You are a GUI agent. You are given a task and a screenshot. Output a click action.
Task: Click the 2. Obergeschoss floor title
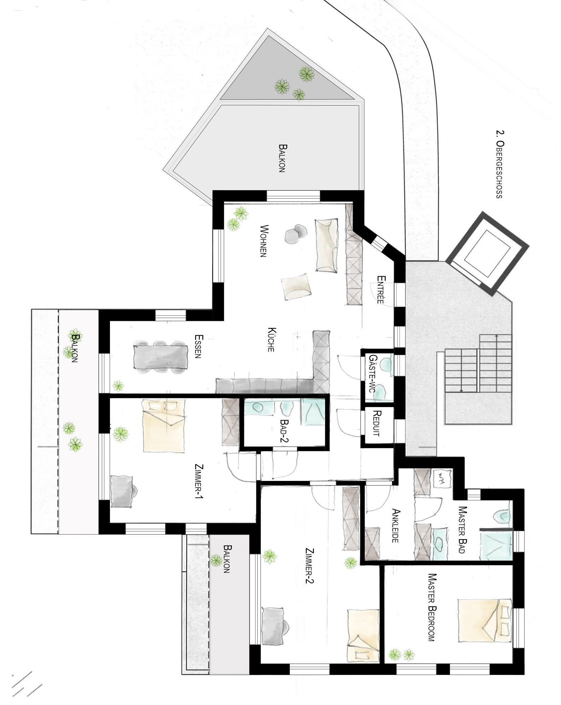pyautogui.click(x=499, y=164)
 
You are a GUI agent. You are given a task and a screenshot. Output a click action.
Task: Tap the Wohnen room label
pyautogui.click(x=263, y=241)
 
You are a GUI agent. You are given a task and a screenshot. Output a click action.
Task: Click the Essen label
pyautogui.click(x=198, y=346)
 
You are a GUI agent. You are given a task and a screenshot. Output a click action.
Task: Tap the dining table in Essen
pyautogui.click(x=160, y=357)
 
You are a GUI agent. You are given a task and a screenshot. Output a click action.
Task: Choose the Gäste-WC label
pyautogui.click(x=373, y=371)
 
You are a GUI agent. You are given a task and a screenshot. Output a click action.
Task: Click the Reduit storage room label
pyautogui.click(x=377, y=423)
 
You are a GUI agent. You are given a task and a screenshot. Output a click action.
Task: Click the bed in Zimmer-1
pyautogui.click(x=164, y=425)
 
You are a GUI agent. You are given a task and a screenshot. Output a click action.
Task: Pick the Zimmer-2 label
pyautogui.click(x=310, y=566)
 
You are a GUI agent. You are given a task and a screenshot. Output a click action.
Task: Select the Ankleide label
pyautogui.click(x=396, y=525)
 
